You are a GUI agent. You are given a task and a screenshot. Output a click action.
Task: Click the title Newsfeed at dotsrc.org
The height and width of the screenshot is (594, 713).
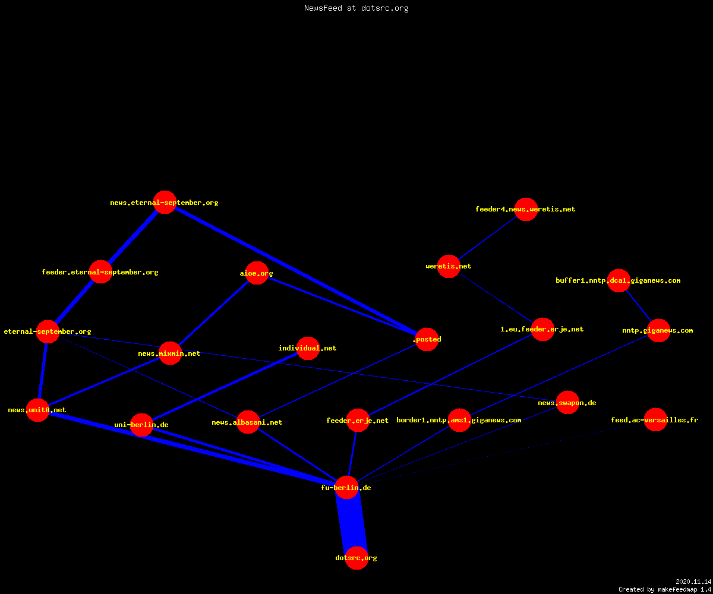click(356, 8)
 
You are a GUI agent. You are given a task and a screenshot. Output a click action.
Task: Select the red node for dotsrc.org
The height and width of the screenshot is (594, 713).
click(356, 558)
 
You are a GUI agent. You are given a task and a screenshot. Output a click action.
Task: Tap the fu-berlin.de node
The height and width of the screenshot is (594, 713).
click(346, 488)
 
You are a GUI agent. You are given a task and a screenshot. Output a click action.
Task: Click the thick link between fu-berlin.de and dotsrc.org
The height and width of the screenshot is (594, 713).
click(352, 523)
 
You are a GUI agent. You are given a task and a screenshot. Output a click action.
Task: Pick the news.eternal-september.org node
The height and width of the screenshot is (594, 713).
click(165, 202)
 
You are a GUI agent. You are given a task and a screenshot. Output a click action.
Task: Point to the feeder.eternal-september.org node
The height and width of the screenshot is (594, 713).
click(100, 271)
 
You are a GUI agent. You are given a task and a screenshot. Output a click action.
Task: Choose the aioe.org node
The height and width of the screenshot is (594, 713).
click(257, 273)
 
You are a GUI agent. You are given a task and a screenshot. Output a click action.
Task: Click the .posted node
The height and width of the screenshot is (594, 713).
click(427, 339)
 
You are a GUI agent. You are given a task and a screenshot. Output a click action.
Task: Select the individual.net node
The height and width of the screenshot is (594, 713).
click(308, 348)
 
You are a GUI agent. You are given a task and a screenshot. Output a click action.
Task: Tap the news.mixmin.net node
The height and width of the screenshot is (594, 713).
click(170, 353)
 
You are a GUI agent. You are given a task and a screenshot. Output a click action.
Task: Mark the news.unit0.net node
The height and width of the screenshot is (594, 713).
click(37, 410)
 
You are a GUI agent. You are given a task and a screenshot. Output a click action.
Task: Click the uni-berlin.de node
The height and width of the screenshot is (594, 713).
click(141, 425)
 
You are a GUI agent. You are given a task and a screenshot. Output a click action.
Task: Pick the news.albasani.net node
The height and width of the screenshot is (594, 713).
click(248, 422)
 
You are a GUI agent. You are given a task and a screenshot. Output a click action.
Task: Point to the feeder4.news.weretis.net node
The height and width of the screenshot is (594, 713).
click(526, 209)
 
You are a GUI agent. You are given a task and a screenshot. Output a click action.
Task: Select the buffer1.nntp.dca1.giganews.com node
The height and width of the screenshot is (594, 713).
click(619, 280)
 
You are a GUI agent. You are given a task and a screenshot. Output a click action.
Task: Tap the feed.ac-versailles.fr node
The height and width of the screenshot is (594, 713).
click(655, 419)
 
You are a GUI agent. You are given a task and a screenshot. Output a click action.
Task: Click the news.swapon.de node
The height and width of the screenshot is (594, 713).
click(567, 403)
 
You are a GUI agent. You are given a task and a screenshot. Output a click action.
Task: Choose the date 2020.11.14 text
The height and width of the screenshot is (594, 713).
click(693, 582)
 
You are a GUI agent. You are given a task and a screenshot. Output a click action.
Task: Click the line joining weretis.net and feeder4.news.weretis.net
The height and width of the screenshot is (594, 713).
click(487, 238)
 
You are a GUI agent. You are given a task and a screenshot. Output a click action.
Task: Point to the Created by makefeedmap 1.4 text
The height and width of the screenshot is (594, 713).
click(665, 590)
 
